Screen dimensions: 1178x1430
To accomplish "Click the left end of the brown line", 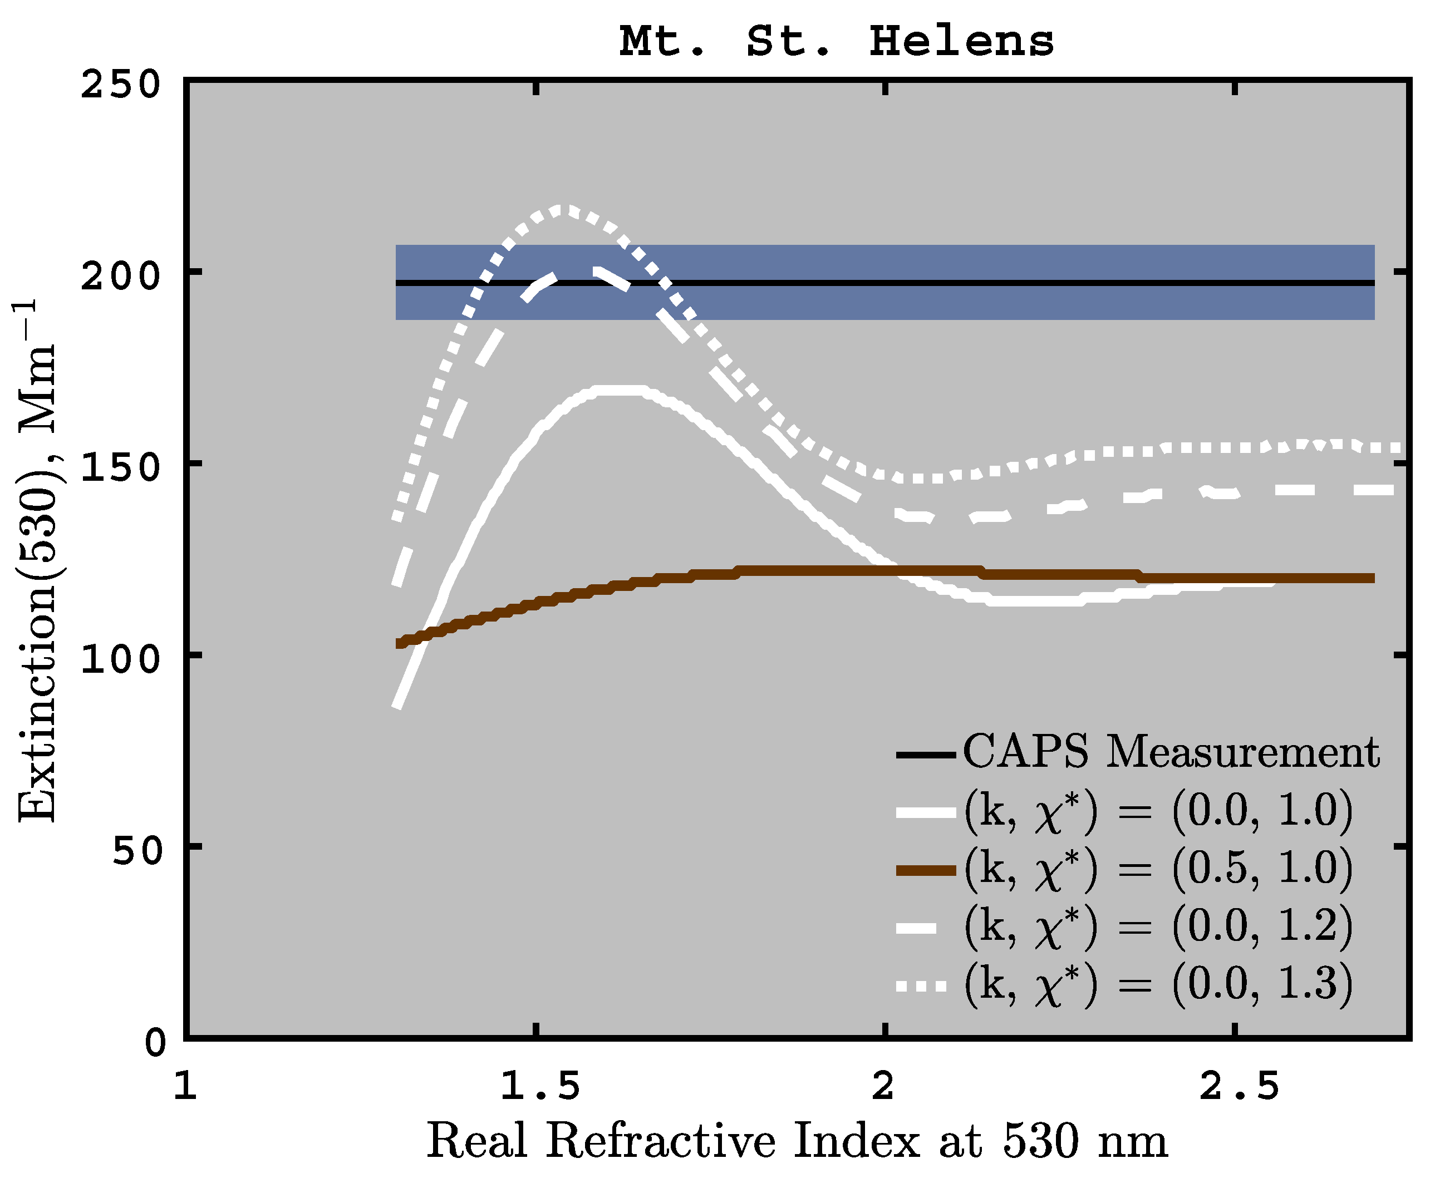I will [x=400, y=643].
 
